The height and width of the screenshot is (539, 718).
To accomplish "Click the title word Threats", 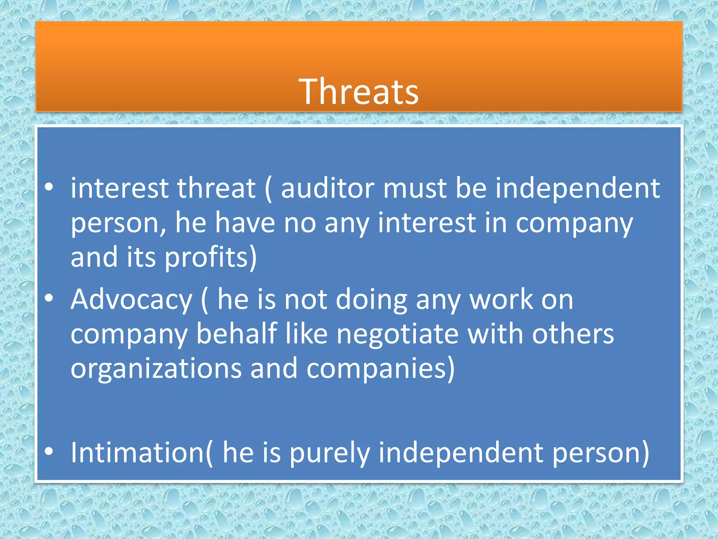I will coord(358,92).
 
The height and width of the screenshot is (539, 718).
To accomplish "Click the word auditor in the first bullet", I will coord(327,188).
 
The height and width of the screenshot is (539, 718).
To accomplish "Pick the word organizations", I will coord(156,368).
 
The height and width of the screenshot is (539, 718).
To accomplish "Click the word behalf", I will coord(237,333).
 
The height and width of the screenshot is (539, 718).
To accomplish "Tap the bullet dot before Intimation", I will coord(49,452).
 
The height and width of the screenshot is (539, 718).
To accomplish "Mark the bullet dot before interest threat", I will coord(49,187).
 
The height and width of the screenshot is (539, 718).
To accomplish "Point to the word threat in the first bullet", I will coord(216,188).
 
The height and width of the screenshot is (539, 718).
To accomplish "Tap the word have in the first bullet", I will coord(245,223).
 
